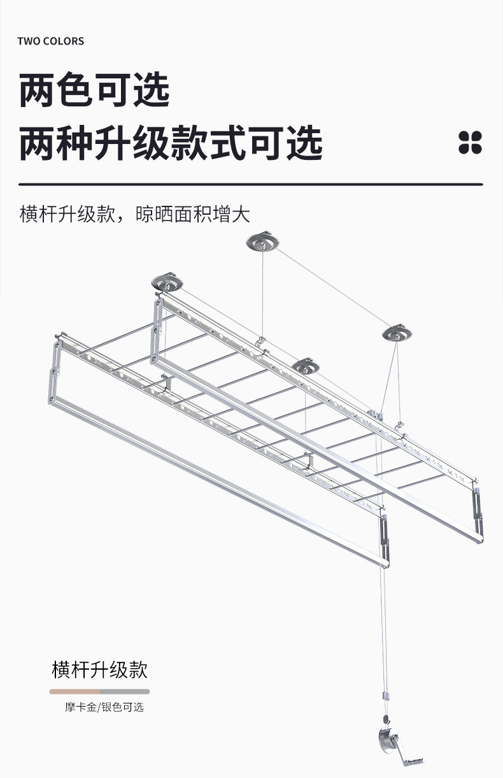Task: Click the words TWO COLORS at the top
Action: [x=51, y=41]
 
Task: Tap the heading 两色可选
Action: [x=94, y=90]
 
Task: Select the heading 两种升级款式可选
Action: [x=171, y=144]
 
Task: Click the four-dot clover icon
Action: [x=471, y=142]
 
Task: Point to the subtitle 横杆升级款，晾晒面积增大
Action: [x=134, y=214]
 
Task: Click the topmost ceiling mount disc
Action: [x=262, y=241]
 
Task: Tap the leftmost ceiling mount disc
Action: [x=166, y=282]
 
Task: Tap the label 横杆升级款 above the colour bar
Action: [x=99, y=670]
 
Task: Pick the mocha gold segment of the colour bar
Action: [x=74, y=691]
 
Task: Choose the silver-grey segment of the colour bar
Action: [x=125, y=691]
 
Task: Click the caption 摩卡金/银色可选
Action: [x=104, y=707]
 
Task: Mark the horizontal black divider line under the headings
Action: [x=251, y=184]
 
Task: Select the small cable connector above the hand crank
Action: [x=385, y=696]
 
